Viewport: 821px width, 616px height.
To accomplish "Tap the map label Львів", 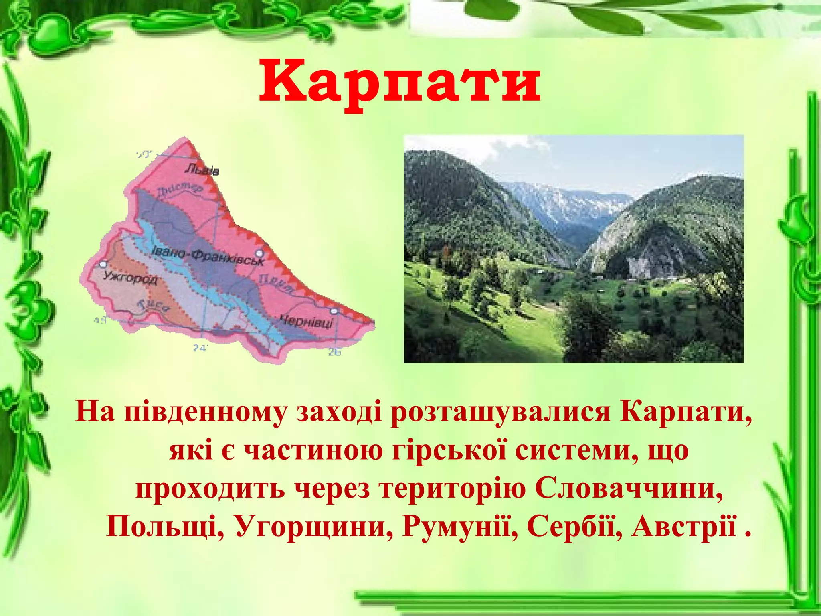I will tap(202, 170).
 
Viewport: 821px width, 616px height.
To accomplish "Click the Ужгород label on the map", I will tap(130, 277).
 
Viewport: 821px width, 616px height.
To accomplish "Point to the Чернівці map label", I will tap(307, 321).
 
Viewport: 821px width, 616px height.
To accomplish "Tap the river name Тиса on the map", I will tap(154, 306).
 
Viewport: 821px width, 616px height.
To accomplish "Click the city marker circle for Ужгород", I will tap(103, 264).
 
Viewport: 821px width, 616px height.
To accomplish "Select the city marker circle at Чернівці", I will tap(334, 311).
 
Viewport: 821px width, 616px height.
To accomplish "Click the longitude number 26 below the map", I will tap(334, 352).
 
